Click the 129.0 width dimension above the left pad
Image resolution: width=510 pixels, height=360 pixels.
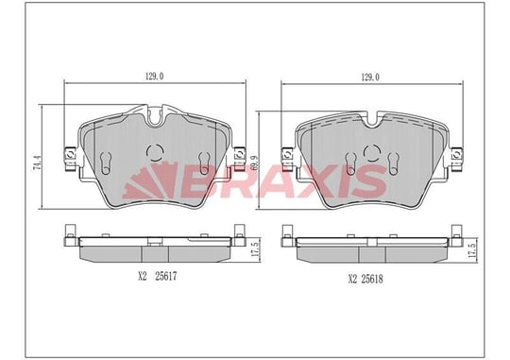(x=154, y=77)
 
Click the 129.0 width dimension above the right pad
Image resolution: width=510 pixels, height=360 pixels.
(x=370, y=77)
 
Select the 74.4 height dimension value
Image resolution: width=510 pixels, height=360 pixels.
(x=38, y=163)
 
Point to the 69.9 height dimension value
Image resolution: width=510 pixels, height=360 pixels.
(x=255, y=162)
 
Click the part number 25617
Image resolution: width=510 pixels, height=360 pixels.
(x=166, y=277)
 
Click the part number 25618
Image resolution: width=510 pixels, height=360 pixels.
(x=372, y=279)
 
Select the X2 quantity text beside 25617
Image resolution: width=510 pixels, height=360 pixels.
(x=143, y=277)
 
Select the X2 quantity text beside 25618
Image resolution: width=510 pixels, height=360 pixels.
(x=352, y=279)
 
